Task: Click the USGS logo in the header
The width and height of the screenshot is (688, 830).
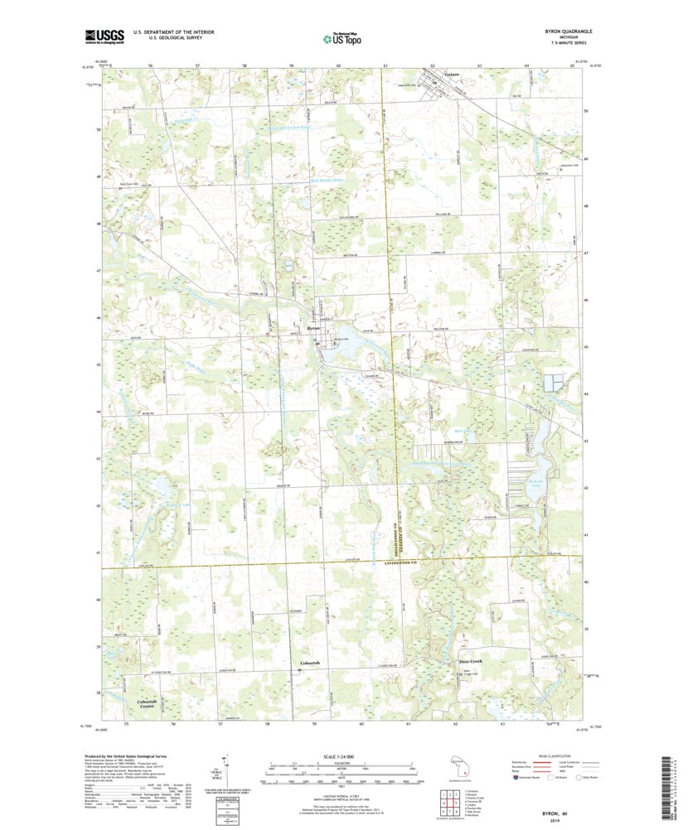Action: [x=104, y=36]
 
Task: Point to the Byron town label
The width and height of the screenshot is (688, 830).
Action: [x=313, y=329]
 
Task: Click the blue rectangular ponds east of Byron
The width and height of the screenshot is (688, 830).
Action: [x=553, y=383]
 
